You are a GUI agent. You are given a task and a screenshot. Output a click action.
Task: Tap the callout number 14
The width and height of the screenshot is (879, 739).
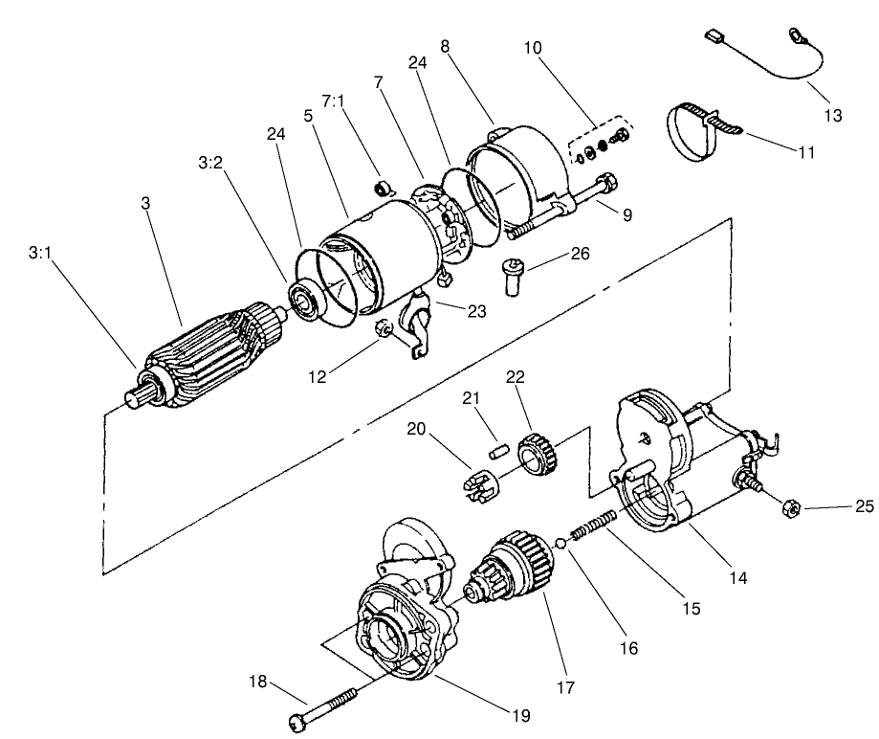[737, 577]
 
